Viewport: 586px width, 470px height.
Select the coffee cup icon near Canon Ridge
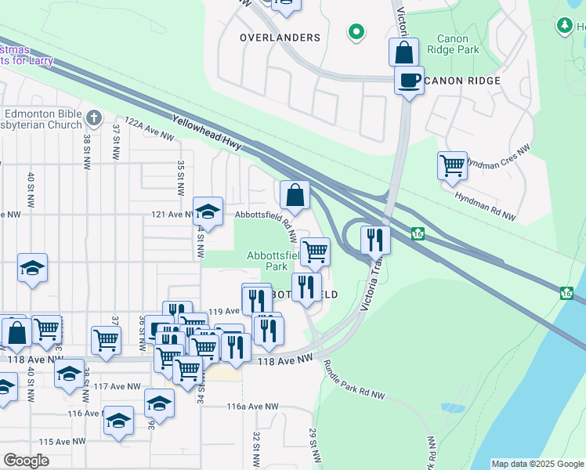click(x=408, y=80)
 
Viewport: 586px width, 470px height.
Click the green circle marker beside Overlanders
click(x=356, y=32)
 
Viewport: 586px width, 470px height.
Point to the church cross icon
click(x=94, y=118)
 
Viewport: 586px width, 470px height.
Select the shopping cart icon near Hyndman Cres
click(x=452, y=165)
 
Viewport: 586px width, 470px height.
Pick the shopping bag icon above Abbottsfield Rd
click(x=295, y=195)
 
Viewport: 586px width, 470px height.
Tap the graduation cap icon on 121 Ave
click(x=208, y=211)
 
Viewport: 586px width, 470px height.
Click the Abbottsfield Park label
click(x=273, y=261)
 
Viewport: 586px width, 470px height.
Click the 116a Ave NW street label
click(x=252, y=407)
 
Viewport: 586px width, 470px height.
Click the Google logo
click(x=27, y=461)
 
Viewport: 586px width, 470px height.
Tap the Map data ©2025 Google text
click(x=537, y=464)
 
